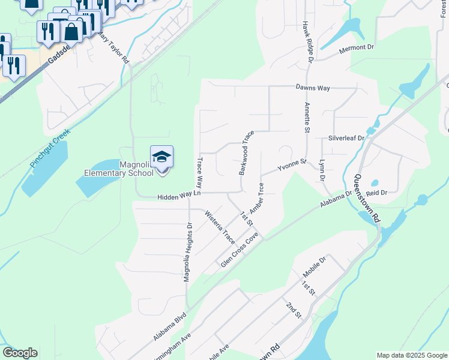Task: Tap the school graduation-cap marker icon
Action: (x=161, y=157)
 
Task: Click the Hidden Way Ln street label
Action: (x=178, y=197)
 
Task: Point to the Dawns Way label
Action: (x=313, y=88)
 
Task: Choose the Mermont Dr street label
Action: (x=357, y=47)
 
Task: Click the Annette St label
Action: (x=307, y=118)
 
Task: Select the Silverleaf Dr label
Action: (x=346, y=138)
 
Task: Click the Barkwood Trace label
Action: (x=246, y=152)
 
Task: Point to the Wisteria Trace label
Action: (x=220, y=226)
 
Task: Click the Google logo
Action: (x=20, y=353)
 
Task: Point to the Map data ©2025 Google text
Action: (x=411, y=355)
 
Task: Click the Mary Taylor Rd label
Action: (x=113, y=48)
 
